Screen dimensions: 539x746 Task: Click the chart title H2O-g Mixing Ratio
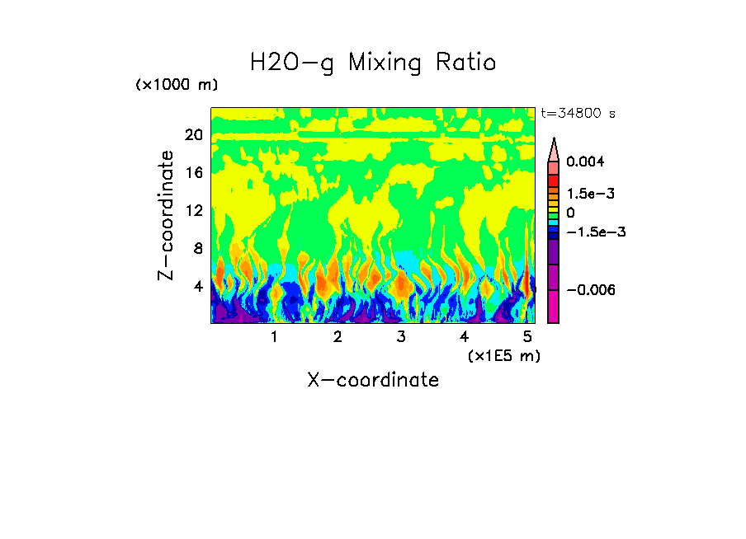click(x=373, y=63)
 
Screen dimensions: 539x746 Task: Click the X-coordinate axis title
click(x=373, y=380)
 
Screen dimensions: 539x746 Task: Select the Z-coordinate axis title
click(x=167, y=215)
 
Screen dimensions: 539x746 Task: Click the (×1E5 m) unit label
click(x=504, y=355)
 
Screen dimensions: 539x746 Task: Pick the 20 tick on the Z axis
click(x=193, y=135)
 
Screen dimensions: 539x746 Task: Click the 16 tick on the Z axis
click(x=193, y=173)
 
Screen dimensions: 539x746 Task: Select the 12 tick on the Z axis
click(x=193, y=211)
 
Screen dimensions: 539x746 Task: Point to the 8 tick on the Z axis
click(x=198, y=249)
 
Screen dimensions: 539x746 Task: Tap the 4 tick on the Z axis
click(x=198, y=287)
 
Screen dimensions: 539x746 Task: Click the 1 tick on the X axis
click(x=274, y=336)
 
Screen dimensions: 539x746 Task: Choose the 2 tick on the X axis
click(x=338, y=336)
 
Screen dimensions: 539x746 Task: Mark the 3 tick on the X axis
click(x=401, y=336)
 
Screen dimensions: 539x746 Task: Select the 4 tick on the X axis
click(x=465, y=336)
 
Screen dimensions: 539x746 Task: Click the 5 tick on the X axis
click(x=527, y=336)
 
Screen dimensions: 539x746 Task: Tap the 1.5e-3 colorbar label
click(x=591, y=194)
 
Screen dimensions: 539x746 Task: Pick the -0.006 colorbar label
click(x=593, y=290)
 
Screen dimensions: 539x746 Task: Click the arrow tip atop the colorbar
click(x=554, y=140)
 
